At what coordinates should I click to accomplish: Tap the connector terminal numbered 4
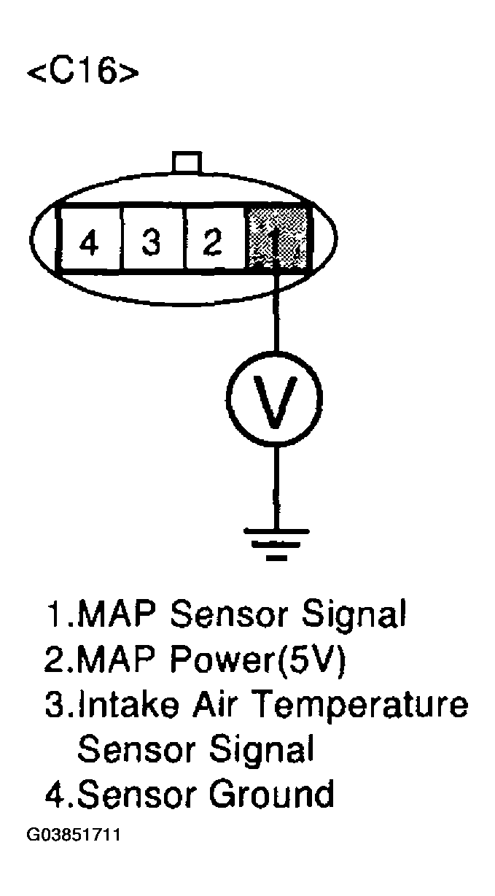(89, 240)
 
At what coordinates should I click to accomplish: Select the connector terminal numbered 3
(152, 240)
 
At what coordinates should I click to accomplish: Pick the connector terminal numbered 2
(214, 240)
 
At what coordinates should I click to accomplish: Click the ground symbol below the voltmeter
(276, 544)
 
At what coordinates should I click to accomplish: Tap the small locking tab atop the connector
(184, 163)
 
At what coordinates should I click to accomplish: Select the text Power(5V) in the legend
(260, 661)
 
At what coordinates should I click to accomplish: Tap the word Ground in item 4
(271, 794)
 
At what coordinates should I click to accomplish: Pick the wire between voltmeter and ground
(276, 485)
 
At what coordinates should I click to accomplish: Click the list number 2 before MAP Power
(55, 661)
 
